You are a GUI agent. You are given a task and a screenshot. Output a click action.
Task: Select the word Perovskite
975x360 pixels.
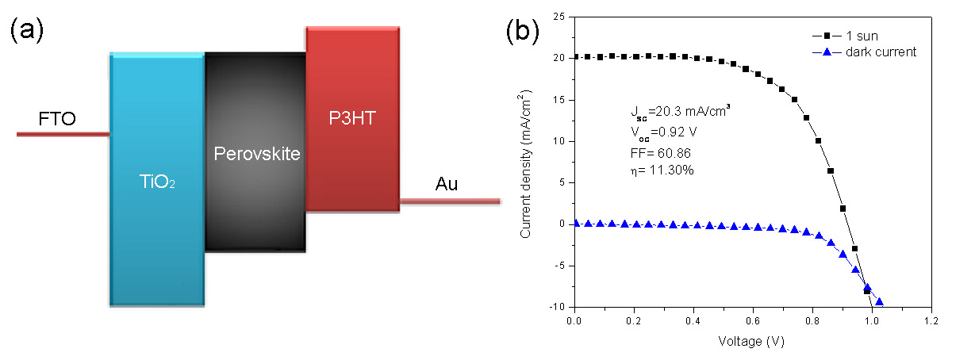point(257,154)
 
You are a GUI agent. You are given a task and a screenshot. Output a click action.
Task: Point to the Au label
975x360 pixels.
point(447,185)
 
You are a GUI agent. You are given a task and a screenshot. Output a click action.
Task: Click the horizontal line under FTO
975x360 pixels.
point(63,134)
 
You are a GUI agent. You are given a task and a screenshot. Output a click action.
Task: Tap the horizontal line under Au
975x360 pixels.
point(449,201)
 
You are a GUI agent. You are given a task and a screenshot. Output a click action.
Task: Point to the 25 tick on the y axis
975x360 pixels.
point(560,17)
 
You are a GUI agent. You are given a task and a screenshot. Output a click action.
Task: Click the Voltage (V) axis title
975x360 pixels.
point(752,343)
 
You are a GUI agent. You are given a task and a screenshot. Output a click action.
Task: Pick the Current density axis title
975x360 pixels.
point(526,163)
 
